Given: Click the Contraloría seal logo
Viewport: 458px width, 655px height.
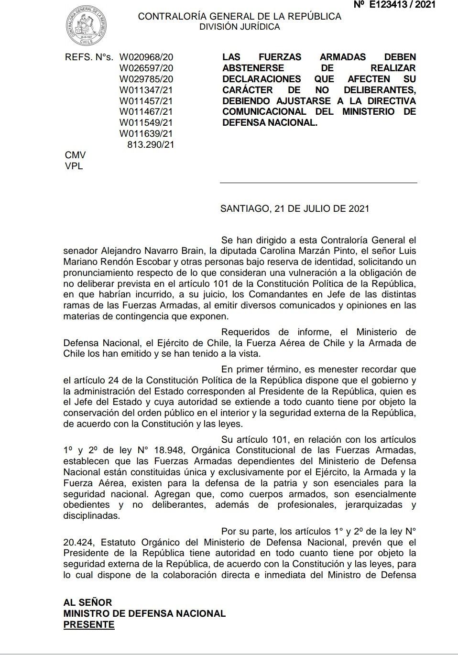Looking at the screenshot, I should pyautogui.click(x=86, y=26).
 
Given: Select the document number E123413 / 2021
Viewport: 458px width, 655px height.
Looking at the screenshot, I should pyautogui.click(x=394, y=5).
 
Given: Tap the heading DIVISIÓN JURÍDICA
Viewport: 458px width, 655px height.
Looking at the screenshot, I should pyautogui.click(x=240, y=27).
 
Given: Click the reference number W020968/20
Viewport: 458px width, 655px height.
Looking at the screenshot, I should pyautogui.click(x=146, y=57).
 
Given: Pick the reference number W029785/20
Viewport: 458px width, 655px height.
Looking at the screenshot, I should pyautogui.click(x=146, y=79).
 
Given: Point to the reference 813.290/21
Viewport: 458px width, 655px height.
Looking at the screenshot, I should pyautogui.click(x=151, y=144).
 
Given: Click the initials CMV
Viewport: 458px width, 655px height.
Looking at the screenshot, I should pyautogui.click(x=75, y=155).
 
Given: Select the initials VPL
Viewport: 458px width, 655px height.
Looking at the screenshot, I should pyautogui.click(x=74, y=166).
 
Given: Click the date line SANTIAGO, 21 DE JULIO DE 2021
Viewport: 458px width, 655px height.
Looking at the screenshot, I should pyautogui.click(x=294, y=209).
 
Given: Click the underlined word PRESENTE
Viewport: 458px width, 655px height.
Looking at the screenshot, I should pyautogui.click(x=89, y=624).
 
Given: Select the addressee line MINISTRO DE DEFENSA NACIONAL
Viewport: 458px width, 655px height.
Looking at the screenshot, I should pyautogui.click(x=144, y=613).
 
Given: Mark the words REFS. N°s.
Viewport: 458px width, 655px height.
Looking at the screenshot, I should pyautogui.click(x=89, y=57).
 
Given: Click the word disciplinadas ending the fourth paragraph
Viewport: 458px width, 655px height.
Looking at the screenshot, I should pyautogui.click(x=91, y=516).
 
